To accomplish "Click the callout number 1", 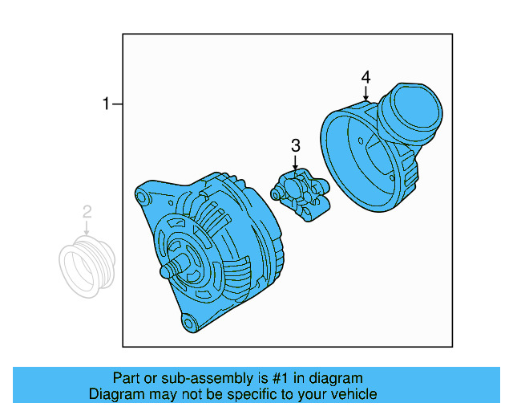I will click(x=105, y=104).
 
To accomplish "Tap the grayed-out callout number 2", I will click(x=87, y=212).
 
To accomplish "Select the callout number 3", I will click(x=295, y=145).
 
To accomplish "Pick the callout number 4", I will click(x=366, y=77).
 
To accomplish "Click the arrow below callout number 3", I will click(x=295, y=163).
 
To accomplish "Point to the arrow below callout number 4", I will click(x=366, y=94).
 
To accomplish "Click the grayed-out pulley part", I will click(x=87, y=264).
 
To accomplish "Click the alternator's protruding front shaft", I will click(x=169, y=270).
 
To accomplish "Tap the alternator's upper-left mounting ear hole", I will click(x=143, y=197).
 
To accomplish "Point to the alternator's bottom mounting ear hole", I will click(x=188, y=324).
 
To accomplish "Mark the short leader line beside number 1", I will click(x=117, y=104).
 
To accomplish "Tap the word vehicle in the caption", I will click(x=353, y=394).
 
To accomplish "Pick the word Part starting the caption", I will click(x=127, y=378).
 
